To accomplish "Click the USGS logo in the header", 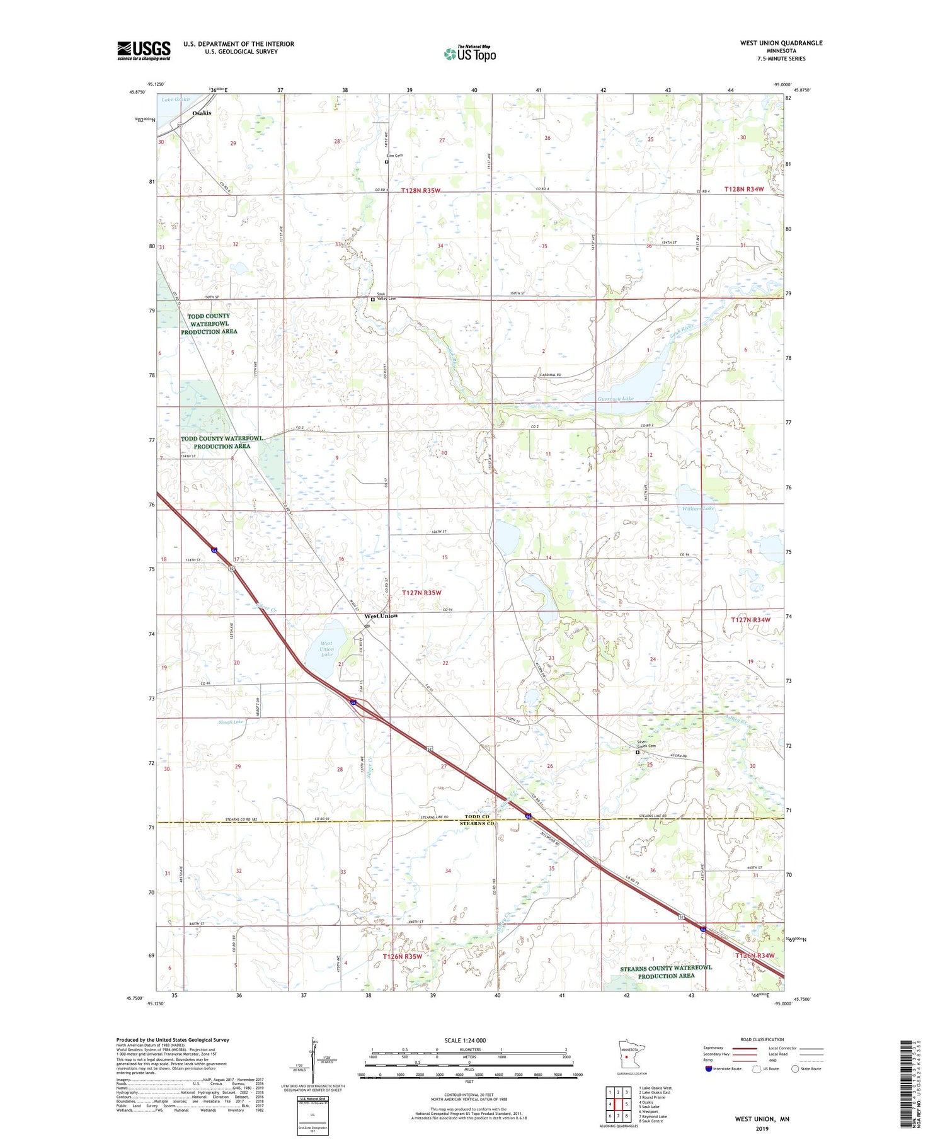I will [144, 50].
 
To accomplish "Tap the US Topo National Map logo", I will [470, 54].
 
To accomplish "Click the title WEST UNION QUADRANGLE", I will [781, 43].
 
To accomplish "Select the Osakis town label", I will [202, 113].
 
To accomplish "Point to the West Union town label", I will [381, 615].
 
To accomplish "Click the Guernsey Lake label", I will [616, 399].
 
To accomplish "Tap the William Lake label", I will [698, 508].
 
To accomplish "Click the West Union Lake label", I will [326, 649].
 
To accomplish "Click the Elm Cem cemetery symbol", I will [387, 162].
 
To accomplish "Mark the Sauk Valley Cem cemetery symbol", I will [372, 300].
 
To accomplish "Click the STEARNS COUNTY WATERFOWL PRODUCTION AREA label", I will [665, 971].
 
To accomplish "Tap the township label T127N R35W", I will [421, 593].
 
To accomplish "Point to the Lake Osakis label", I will [175, 100].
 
